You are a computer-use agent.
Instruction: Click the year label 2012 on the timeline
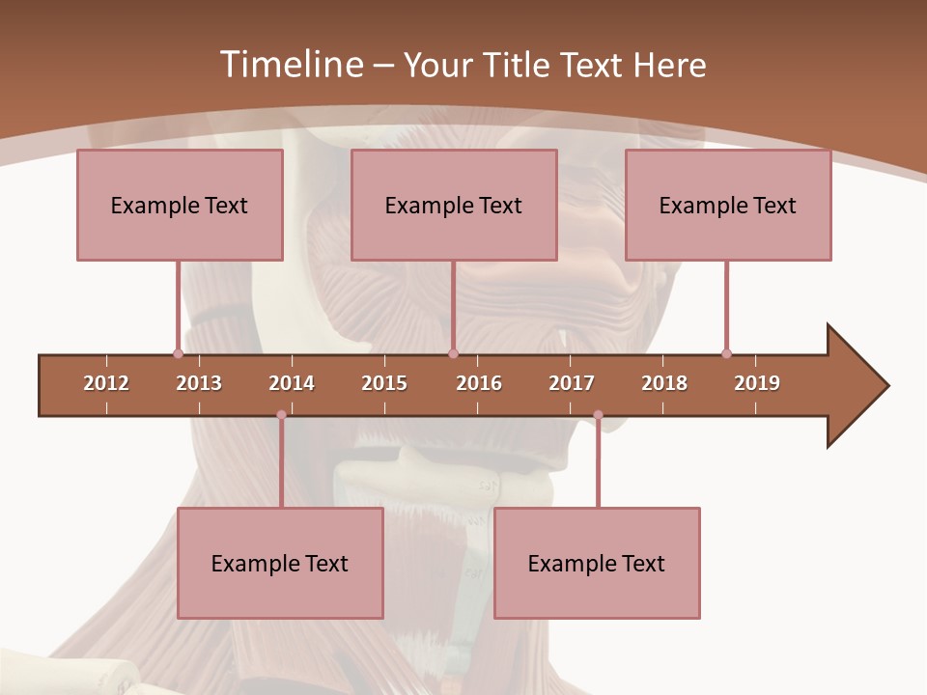tap(106, 383)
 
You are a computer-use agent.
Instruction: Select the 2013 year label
tap(199, 383)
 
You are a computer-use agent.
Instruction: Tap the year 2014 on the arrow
tap(292, 383)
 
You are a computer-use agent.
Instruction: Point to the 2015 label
tap(384, 383)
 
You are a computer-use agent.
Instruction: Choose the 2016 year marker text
tap(479, 383)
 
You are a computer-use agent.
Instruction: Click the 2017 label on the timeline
tap(572, 383)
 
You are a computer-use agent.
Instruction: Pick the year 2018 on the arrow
tap(664, 383)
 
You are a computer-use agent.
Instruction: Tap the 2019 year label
tap(757, 383)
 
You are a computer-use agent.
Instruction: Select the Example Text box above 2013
tap(180, 205)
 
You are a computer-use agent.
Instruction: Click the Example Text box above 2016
tap(454, 205)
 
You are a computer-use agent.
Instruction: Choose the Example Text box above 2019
tap(728, 205)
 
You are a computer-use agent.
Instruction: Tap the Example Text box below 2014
tap(280, 563)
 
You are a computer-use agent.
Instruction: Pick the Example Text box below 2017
tap(597, 563)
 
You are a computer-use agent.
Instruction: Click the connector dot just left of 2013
tap(178, 353)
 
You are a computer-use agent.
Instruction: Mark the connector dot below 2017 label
tap(598, 415)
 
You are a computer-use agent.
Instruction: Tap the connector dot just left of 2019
tap(726, 353)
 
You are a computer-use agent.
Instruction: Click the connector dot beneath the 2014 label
tap(281, 415)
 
